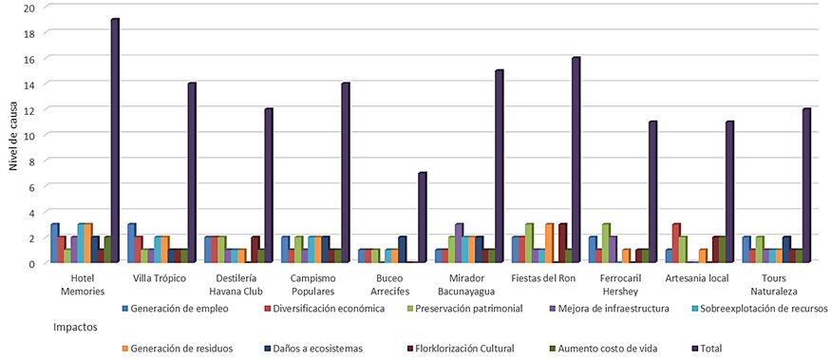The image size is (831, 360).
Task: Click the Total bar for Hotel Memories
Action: [x=115, y=141]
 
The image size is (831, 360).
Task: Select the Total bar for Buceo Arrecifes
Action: [x=423, y=218]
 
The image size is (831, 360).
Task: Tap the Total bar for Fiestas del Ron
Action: [x=576, y=160]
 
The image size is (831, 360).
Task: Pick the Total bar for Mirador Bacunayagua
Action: [x=500, y=166]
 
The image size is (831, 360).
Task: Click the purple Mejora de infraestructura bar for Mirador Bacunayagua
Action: [x=459, y=243]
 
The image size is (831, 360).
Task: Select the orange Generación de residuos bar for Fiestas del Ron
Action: [x=549, y=243]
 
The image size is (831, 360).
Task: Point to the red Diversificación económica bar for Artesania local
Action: [x=676, y=243]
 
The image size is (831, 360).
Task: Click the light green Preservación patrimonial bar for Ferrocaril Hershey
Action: [x=606, y=243]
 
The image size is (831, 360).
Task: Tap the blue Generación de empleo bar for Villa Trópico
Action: [x=131, y=243]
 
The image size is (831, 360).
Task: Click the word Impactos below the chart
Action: [x=76, y=328]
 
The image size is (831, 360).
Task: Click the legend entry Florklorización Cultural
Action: [x=459, y=349]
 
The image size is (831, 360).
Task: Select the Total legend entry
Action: [x=706, y=349]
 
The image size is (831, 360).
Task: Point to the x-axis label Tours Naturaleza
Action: [x=777, y=284]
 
